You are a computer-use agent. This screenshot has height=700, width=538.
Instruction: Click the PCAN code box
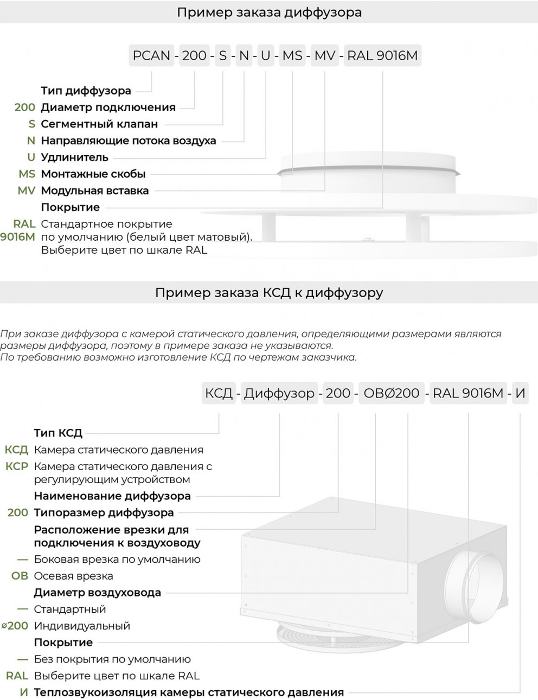coord(151,55)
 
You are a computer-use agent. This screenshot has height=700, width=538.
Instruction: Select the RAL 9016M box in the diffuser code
coord(382,55)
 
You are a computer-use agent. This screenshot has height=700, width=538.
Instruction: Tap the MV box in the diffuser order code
coord(325,55)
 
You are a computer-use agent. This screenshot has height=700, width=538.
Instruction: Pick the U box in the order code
coord(265,55)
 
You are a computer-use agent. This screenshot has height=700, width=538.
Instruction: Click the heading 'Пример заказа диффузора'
coord(269,12)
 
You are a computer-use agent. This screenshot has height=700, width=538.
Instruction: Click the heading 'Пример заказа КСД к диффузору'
coord(269,293)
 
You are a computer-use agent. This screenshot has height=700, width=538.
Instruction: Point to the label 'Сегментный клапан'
coord(99,124)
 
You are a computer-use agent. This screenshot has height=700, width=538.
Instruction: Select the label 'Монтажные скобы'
coord(93,174)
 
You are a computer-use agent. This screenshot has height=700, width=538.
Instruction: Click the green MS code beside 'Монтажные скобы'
coord(27,174)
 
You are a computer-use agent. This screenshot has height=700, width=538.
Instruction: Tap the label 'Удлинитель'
coord(75,157)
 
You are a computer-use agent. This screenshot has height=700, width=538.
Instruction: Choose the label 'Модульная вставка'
coord(95,190)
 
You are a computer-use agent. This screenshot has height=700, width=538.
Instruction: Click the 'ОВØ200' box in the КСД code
coord(392,393)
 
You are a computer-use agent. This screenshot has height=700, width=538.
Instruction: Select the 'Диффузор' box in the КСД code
coord(279,393)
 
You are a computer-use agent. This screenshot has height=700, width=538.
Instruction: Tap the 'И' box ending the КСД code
coord(520,393)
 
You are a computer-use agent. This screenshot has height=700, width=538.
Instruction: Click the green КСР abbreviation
coord(16,466)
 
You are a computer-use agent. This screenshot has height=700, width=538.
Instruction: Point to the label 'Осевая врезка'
coord(73,576)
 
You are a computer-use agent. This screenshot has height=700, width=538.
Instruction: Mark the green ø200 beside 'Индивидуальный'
coord(15,626)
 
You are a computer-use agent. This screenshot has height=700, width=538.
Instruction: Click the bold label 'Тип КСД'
coord(58,433)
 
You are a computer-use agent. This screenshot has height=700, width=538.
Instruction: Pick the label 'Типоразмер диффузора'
coord(104,512)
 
